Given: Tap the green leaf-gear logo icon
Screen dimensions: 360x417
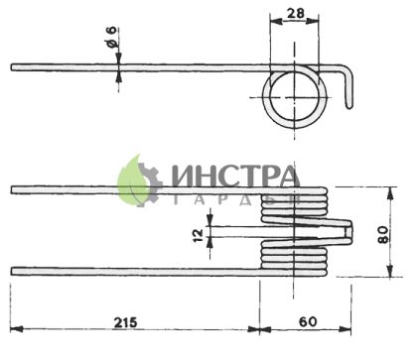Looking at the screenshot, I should tap(139, 180).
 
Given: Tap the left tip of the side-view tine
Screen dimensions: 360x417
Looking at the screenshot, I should tap(14, 67).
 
